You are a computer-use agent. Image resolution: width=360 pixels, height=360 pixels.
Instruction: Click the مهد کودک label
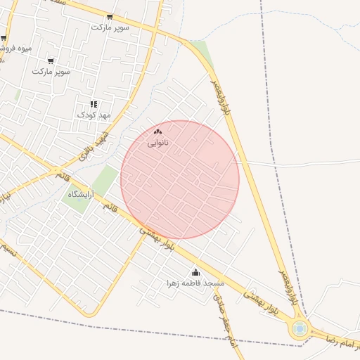coord(94,115)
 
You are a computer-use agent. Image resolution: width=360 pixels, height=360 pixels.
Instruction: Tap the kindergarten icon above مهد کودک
coord(94,105)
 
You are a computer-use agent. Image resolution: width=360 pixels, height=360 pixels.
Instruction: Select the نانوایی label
coord(157,143)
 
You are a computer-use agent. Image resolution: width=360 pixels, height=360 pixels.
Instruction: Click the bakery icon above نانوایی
coord(157,132)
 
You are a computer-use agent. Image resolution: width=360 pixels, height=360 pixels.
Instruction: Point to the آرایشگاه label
coord(81,193)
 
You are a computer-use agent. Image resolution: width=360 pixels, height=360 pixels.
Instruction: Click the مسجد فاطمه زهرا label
coord(195,283)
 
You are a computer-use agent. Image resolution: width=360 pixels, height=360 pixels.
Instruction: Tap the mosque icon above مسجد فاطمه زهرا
coord(195,272)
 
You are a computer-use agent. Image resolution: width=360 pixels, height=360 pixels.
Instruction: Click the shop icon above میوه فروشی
coord(4,38)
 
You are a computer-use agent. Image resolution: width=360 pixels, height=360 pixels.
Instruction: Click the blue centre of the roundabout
coord(300,328)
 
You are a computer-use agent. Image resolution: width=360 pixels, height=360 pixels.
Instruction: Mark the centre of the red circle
coord(180,179)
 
